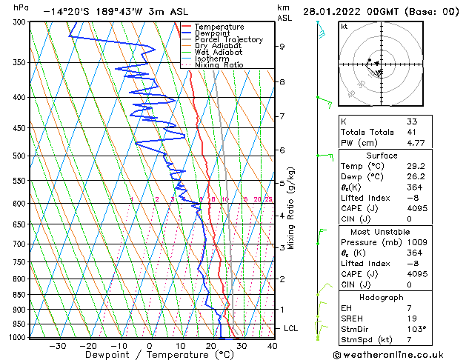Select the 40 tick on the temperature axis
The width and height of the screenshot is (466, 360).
click(x=272, y=346)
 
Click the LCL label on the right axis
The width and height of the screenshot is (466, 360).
click(x=292, y=328)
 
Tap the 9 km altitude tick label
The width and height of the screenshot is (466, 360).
click(x=282, y=47)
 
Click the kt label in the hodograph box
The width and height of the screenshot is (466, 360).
click(x=344, y=27)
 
